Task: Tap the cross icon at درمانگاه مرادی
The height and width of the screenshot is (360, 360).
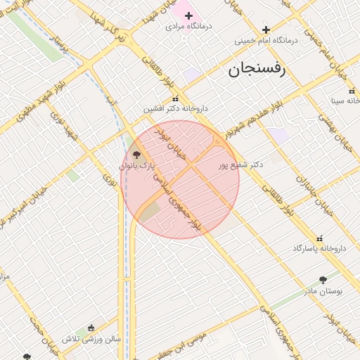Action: point(188,15)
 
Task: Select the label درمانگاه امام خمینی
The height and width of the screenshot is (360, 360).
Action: point(266,41)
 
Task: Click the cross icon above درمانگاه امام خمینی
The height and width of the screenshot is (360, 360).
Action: point(266,30)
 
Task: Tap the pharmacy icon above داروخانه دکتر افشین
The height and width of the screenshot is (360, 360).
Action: point(175,98)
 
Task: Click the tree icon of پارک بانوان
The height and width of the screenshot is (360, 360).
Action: point(136,155)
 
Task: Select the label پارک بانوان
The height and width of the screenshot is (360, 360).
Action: point(136,166)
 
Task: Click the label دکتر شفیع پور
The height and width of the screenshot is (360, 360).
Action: point(239,164)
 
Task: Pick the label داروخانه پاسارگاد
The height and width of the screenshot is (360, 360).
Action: point(320,249)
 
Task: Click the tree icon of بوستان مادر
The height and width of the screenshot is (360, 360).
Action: point(323,280)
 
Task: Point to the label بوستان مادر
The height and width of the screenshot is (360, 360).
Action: point(323,290)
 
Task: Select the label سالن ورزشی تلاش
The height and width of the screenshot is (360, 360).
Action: point(91,338)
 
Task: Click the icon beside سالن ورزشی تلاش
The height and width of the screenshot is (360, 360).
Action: point(91,328)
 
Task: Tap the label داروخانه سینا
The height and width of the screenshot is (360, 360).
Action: point(346,101)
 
